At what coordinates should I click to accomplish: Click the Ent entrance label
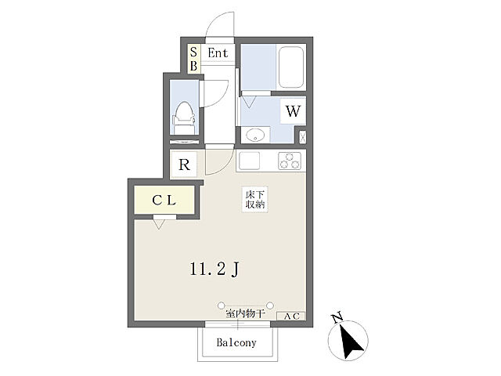pos(218,53)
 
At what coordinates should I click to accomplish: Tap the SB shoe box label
pos(193,59)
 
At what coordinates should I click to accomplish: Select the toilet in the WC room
pos(184,117)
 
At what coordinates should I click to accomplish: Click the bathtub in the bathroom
pos(290,67)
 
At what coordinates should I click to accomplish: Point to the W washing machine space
pos(293,111)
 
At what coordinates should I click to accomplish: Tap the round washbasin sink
pos(255,135)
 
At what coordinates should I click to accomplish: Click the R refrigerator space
pos(185,164)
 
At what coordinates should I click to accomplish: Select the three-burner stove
pos(290,161)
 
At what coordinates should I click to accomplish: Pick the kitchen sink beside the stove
pos(249,161)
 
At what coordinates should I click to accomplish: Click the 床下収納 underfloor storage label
pos(255,199)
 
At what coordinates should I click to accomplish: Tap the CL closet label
pos(164,201)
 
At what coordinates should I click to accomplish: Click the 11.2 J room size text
pos(214,269)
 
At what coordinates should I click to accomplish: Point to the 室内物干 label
pos(245,313)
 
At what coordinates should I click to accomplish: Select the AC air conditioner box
pos(291,316)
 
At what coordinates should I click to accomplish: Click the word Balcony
pos(236,343)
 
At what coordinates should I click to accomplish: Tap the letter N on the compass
pos(337,317)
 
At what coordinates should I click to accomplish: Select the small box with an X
pos(302,137)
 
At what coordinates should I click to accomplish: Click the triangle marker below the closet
pos(159,225)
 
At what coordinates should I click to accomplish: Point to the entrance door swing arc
pos(216,19)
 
